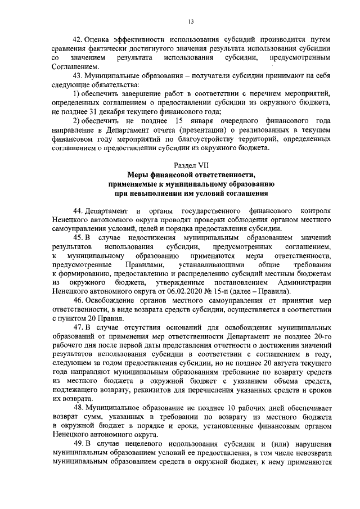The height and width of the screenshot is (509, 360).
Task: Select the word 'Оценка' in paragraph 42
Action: coord(101,40)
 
